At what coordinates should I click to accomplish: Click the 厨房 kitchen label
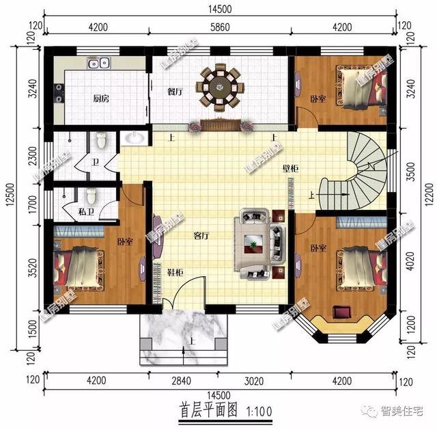[x=101, y=98]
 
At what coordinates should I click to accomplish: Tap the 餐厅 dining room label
[x=175, y=91]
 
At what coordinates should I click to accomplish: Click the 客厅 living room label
[x=201, y=237]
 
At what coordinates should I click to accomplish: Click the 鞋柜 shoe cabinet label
[x=175, y=272]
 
